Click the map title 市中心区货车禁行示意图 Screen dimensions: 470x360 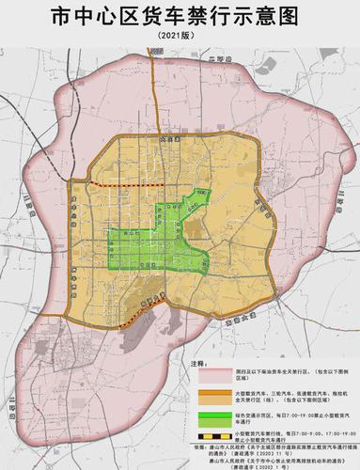coord(180,16)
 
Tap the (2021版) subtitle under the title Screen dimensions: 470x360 coord(180,36)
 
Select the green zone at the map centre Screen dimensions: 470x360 coord(150,249)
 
